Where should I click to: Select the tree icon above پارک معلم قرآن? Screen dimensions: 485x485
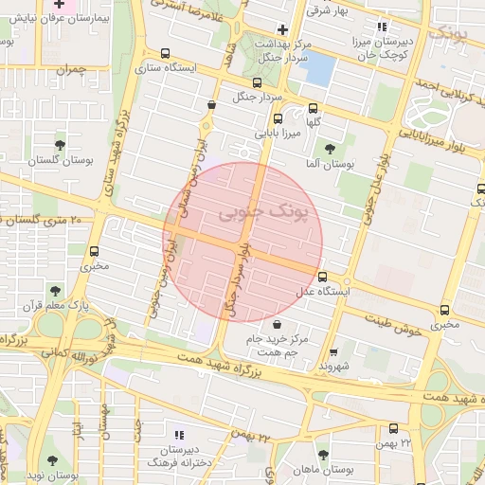point(53,291)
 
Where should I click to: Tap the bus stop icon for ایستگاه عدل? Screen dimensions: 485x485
point(323,277)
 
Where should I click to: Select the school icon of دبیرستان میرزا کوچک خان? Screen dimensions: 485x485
point(382,27)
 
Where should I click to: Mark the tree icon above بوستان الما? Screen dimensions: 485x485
point(330,148)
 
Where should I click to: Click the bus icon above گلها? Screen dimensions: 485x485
point(278,119)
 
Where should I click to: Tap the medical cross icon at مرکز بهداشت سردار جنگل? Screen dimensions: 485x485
point(282,29)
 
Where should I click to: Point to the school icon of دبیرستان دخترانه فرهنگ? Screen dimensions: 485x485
point(179,435)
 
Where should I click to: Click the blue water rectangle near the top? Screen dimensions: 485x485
point(317,68)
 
